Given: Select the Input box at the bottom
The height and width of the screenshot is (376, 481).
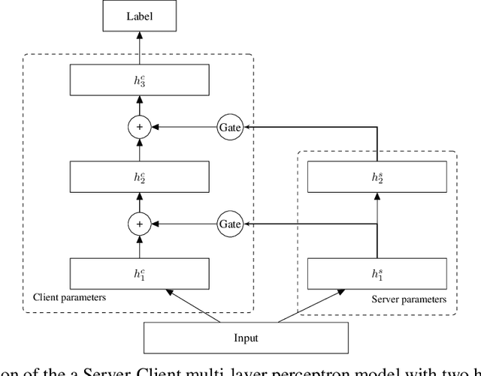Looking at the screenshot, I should (246, 338).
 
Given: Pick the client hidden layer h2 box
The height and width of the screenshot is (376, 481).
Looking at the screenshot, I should (138, 177).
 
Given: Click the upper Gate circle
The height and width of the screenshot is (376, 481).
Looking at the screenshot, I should (229, 128).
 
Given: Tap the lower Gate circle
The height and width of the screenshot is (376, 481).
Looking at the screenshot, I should (229, 223).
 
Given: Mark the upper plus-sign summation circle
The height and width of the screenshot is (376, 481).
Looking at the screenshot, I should (138, 128).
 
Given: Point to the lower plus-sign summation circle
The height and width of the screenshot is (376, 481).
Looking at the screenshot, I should (138, 223).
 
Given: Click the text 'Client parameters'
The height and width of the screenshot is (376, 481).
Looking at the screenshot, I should (69, 297).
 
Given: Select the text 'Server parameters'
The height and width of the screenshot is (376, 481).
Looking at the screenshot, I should (409, 299).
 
